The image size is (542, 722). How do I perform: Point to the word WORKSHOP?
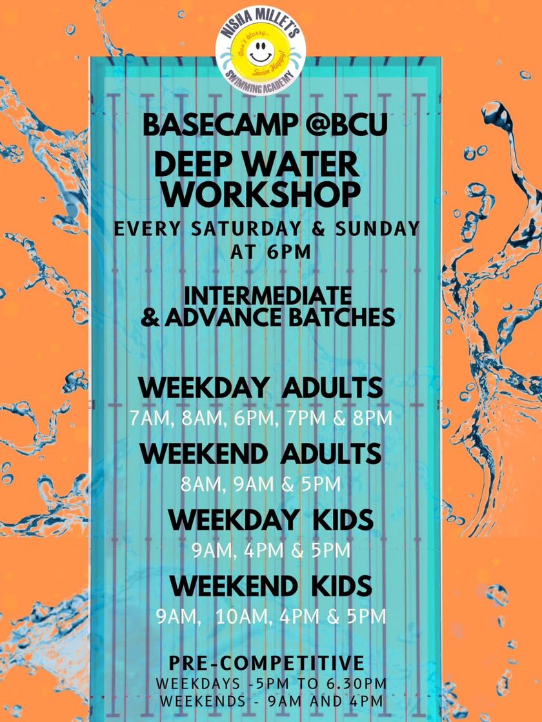pos(261,195)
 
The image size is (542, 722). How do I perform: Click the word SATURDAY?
pos(248,229)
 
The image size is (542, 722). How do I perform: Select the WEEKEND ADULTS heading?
pos(261,454)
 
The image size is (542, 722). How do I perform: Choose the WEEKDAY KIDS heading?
pos(271,520)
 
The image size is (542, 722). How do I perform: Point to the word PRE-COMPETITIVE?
pos(266,663)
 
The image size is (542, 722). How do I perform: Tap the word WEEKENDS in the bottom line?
pos(203,701)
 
